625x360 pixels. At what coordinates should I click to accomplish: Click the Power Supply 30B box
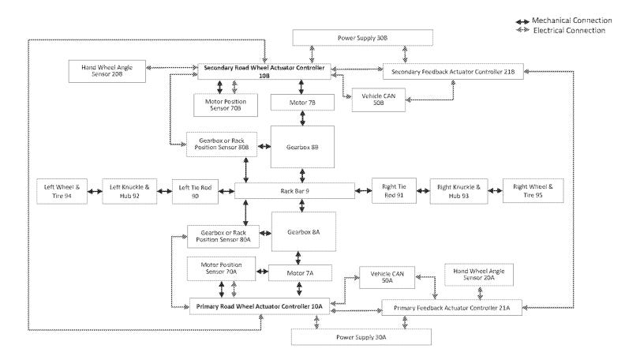362,38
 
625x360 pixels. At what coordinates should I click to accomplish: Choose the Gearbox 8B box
302,146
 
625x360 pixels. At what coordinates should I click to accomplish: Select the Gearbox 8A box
303,232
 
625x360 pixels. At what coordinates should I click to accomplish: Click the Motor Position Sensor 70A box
221,268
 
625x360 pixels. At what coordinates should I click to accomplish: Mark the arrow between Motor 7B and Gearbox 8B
302,118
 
